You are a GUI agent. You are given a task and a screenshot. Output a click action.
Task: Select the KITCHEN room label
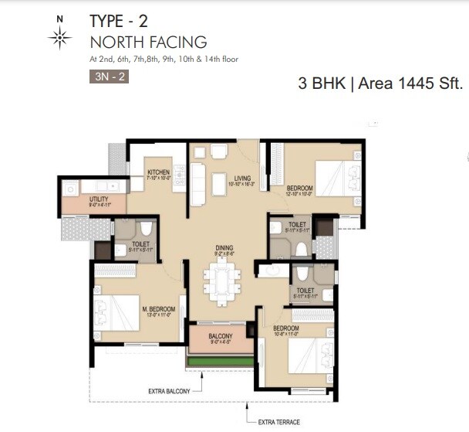click(x=158, y=172)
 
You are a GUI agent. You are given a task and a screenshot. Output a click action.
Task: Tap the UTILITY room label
click(x=78, y=199)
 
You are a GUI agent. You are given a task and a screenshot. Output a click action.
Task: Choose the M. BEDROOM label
click(x=159, y=309)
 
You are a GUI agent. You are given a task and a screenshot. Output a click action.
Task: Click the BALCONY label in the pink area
click(x=221, y=336)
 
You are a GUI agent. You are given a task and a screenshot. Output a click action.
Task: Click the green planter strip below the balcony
click(x=220, y=361)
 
